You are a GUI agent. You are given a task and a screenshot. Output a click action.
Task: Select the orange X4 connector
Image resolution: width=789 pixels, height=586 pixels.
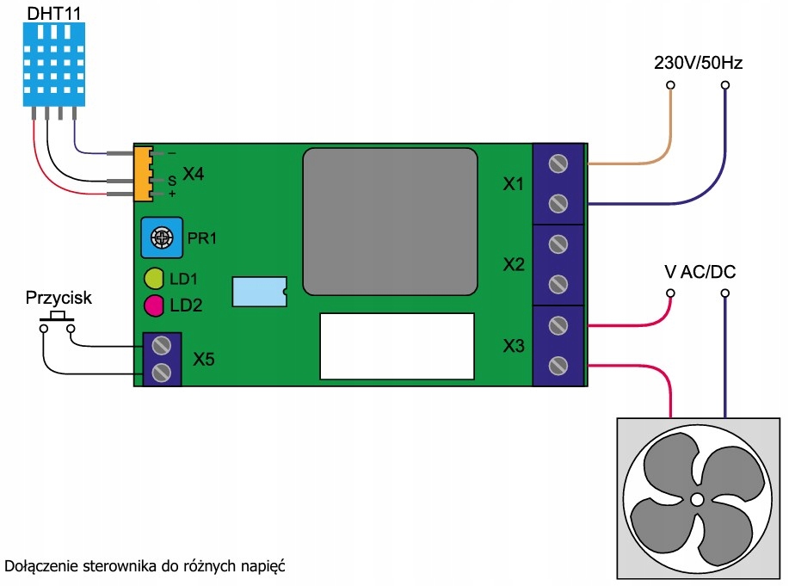pyautogui.click(x=143, y=174)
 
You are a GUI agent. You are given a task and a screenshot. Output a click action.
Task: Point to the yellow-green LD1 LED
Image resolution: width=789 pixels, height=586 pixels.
pyautogui.click(x=155, y=279)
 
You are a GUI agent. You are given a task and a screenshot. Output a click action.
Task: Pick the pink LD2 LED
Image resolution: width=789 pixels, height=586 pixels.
pyautogui.click(x=155, y=305)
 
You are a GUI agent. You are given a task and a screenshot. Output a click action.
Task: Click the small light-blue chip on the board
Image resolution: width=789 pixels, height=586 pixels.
pyautogui.click(x=258, y=292)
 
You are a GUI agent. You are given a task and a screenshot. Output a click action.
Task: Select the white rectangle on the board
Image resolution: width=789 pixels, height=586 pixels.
pyautogui.click(x=397, y=346)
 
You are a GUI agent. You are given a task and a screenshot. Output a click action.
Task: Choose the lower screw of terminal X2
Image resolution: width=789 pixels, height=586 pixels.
pyautogui.click(x=558, y=285)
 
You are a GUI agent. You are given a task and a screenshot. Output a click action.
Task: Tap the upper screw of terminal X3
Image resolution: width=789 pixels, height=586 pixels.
pyautogui.click(x=558, y=325)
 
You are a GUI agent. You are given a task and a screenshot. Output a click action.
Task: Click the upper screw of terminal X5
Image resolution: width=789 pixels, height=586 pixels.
pyautogui.click(x=160, y=346)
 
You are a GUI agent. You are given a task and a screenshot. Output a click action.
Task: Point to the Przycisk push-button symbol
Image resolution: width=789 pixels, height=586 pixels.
pyautogui.click(x=58, y=320)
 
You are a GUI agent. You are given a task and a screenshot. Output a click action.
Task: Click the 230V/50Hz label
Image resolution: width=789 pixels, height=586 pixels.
pyautogui.click(x=697, y=63)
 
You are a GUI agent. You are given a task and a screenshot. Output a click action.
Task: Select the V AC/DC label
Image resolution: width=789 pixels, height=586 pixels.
pyautogui.click(x=700, y=273)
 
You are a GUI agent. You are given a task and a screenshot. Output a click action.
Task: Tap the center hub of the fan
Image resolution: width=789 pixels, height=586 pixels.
pyautogui.click(x=697, y=499)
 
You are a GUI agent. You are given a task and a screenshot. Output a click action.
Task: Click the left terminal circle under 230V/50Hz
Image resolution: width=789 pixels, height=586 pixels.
pyautogui.click(x=670, y=85)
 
